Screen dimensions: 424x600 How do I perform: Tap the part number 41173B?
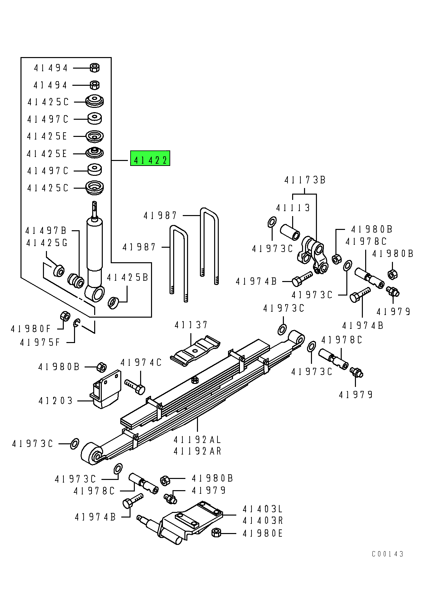(305, 180)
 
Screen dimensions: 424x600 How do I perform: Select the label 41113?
(293, 208)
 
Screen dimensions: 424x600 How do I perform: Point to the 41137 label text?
(191, 325)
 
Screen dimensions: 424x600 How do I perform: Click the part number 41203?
(56, 401)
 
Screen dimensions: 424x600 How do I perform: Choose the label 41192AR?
(197, 451)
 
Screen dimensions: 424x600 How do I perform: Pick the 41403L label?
(263, 509)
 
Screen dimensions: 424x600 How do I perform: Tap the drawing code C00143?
(388, 554)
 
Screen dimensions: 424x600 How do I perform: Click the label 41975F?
(40, 342)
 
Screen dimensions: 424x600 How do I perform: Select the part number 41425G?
(47, 243)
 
